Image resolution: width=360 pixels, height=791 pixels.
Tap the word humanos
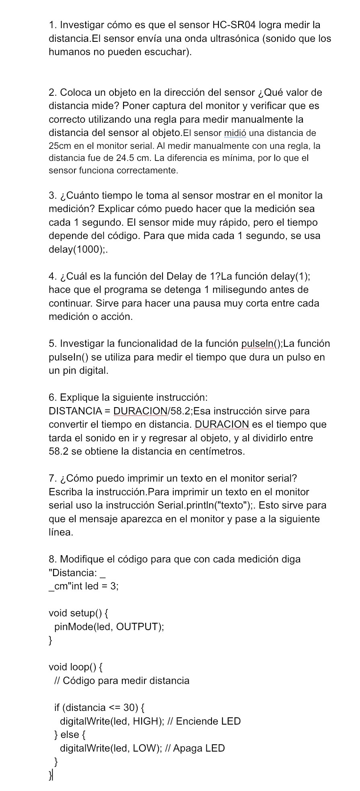(x=68, y=52)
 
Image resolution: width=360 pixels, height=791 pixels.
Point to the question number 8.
(x=52, y=559)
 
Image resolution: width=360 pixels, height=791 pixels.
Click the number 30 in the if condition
(x=130, y=707)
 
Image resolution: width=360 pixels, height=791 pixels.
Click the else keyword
(x=69, y=735)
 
